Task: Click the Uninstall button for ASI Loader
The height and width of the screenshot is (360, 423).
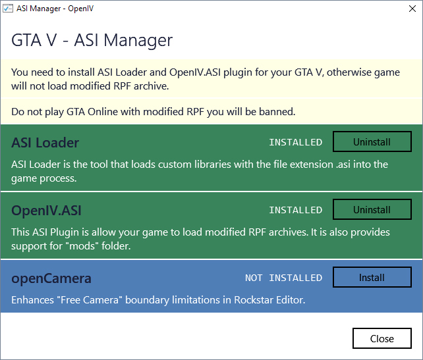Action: (372, 141)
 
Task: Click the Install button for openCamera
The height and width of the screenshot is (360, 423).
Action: (372, 277)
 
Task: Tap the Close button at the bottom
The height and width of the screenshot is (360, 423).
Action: (382, 338)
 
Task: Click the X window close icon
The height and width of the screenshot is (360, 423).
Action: (412, 9)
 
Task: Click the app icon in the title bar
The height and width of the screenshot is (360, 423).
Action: (8, 9)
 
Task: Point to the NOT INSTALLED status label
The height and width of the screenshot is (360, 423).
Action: (283, 278)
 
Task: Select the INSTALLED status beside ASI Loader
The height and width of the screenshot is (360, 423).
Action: (296, 142)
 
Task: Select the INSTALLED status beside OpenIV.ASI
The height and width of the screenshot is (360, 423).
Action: (296, 210)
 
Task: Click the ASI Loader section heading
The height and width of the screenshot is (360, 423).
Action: (45, 143)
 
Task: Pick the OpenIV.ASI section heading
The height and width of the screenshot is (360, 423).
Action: (46, 211)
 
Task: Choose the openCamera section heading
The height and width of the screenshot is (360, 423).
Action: (51, 279)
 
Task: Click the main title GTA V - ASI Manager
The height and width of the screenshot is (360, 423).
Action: (92, 40)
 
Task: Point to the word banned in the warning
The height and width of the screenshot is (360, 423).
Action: (277, 112)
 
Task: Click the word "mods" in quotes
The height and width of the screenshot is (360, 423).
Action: (82, 245)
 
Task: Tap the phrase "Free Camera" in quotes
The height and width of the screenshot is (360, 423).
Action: (90, 300)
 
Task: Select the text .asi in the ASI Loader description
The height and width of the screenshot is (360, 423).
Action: (343, 165)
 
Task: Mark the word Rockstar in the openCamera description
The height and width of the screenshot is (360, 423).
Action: (251, 300)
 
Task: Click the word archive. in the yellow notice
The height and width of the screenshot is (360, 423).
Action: (152, 86)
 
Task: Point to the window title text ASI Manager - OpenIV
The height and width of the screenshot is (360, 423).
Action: (55, 9)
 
